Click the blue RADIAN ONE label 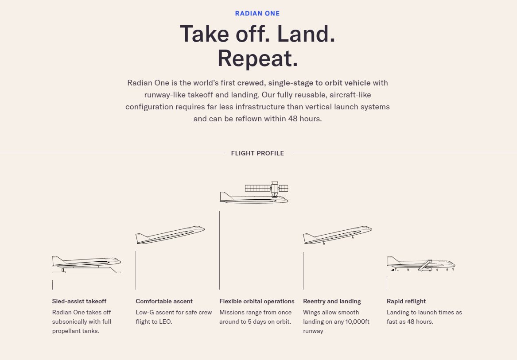pyautogui.click(x=257, y=14)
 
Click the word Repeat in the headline pyautogui.click(x=257, y=58)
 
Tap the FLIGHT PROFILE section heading pyautogui.click(x=257, y=153)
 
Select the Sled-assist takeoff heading pyautogui.click(x=79, y=301)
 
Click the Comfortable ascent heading pyautogui.click(x=164, y=301)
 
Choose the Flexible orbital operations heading pyautogui.click(x=257, y=301)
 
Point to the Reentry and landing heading pyautogui.click(x=332, y=301)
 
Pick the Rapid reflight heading pyautogui.click(x=406, y=301)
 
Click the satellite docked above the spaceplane pyautogui.click(x=267, y=189)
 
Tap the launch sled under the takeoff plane pyautogui.click(x=89, y=270)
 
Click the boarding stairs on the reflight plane pyautogui.click(x=425, y=265)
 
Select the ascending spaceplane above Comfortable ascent pyautogui.click(x=170, y=235)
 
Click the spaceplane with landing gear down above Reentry pyautogui.click(x=338, y=235)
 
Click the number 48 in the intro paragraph pyautogui.click(x=293, y=119)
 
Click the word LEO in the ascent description pyautogui.click(x=165, y=322)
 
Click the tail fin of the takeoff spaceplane pyautogui.click(x=58, y=260)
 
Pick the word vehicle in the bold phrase pyautogui.click(x=358, y=83)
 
